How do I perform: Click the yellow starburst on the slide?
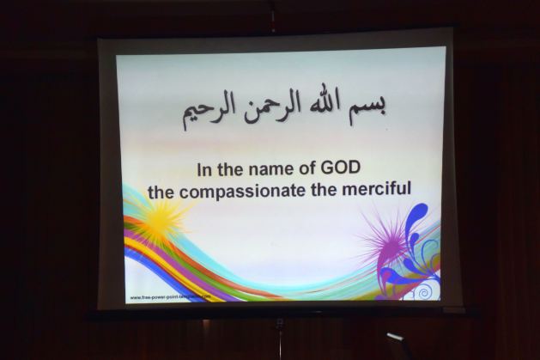158,221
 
